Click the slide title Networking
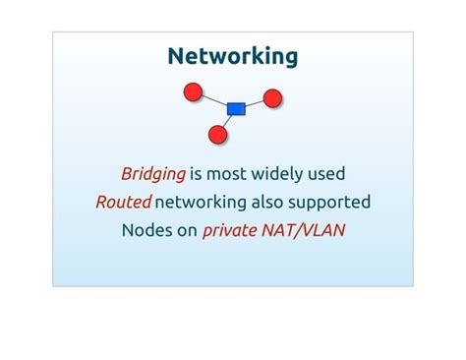click(233, 56)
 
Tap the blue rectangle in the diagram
click(236, 108)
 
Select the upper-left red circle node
click(194, 93)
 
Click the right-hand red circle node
click(273, 98)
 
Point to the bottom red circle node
click(218, 134)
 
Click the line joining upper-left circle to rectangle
click(215, 101)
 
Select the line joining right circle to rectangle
click(255, 103)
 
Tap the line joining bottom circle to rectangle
click(228, 120)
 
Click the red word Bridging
click(153, 174)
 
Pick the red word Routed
click(123, 203)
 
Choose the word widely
click(277, 174)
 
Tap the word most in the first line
click(227, 174)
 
